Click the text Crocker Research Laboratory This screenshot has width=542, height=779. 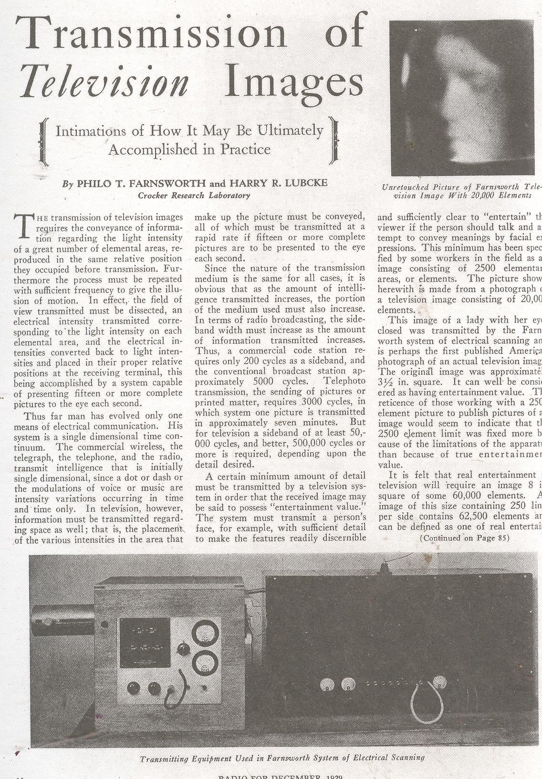pos(193,195)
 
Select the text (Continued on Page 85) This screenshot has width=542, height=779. pos(464,538)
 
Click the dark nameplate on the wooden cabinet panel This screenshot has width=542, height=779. pos(144,642)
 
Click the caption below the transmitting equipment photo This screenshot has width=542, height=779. pos(282,758)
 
